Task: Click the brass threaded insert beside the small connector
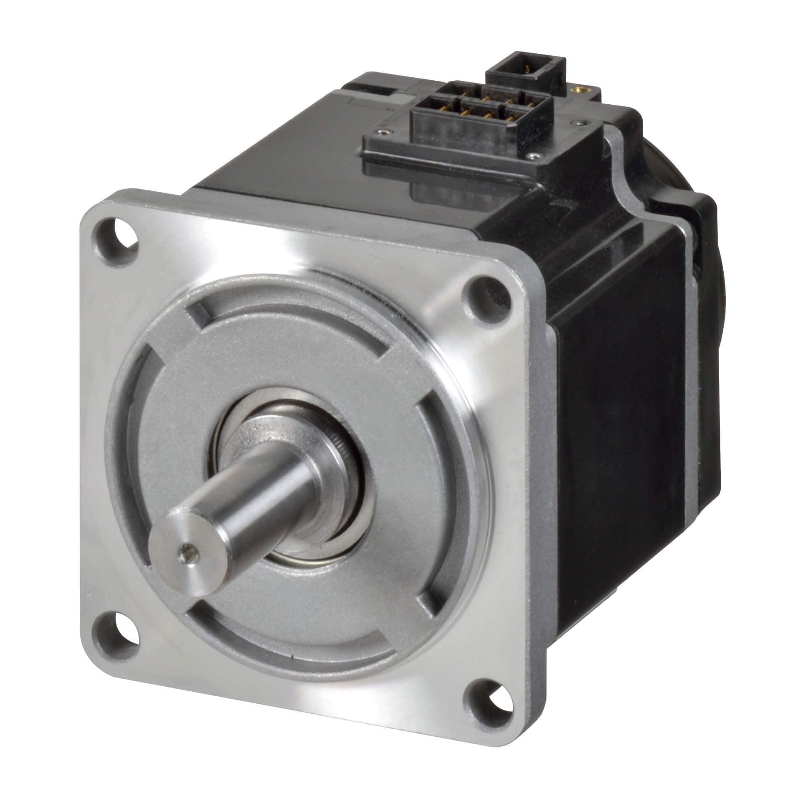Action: pyautogui.click(x=585, y=89)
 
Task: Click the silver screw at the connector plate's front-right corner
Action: pyautogui.click(x=534, y=156)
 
